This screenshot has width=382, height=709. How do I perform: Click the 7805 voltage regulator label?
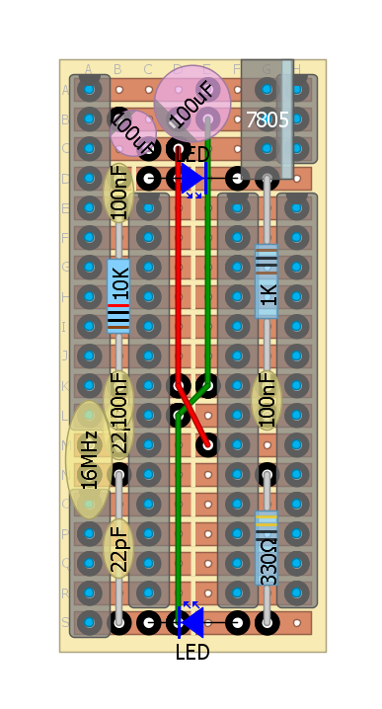(267, 120)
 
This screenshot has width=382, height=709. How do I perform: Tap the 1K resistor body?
(267, 281)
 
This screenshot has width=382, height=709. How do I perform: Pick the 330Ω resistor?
(267, 548)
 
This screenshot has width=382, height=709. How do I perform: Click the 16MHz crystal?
(89, 460)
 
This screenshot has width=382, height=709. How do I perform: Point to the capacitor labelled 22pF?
(118, 548)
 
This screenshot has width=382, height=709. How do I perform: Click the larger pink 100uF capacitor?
(192, 103)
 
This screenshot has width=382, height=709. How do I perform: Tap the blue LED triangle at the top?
(191, 179)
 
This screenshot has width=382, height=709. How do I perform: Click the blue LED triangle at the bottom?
(191, 622)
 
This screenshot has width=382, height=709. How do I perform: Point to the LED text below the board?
(192, 653)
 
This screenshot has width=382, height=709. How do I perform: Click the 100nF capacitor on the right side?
(267, 400)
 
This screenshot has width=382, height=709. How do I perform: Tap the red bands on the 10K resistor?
(118, 308)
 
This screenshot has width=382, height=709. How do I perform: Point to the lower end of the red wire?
(206, 444)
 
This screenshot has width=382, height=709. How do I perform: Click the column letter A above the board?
(88, 69)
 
